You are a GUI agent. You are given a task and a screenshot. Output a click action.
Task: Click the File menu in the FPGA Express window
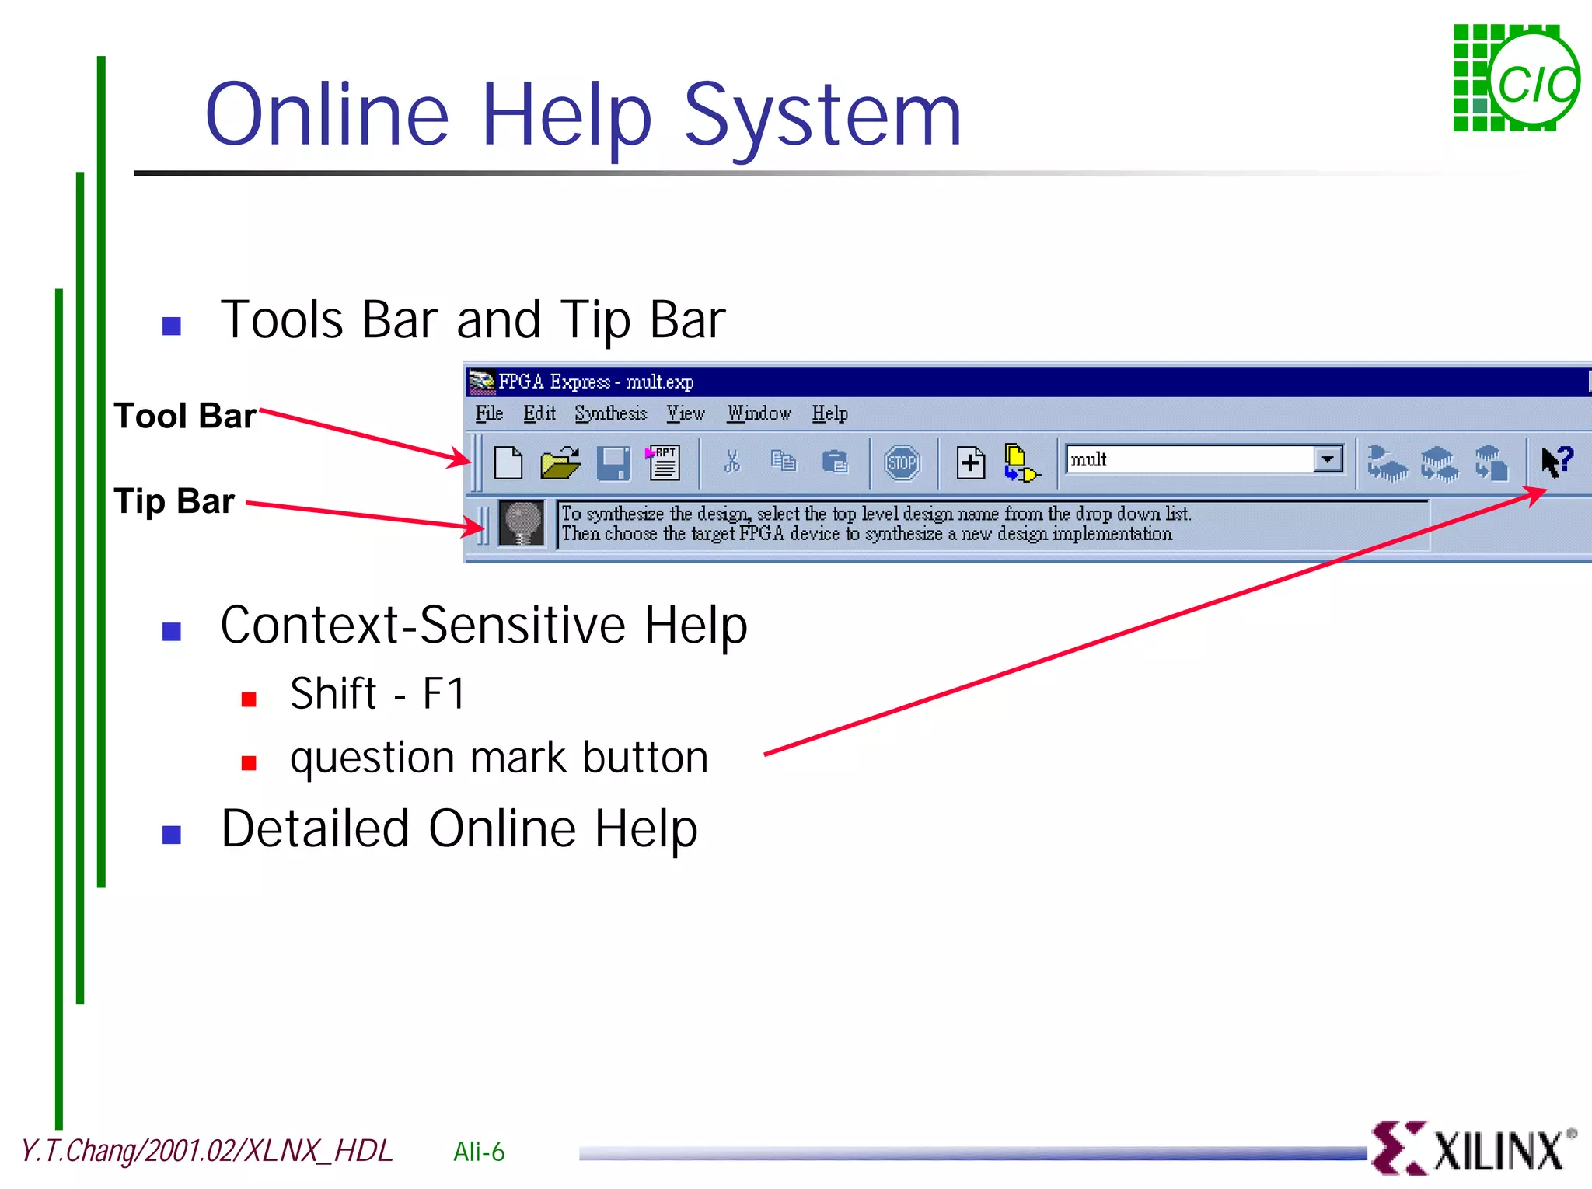(489, 413)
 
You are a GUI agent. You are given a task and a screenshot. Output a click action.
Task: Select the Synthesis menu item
(610, 413)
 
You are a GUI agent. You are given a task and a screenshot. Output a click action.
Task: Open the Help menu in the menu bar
(829, 413)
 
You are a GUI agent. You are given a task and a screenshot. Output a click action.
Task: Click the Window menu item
(759, 413)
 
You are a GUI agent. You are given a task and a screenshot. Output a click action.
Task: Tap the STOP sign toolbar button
(902, 463)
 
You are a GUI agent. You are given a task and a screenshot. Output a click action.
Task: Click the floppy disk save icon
(613, 463)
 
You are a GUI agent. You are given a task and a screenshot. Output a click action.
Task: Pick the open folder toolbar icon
(560, 463)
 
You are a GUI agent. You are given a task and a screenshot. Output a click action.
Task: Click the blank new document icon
(508, 463)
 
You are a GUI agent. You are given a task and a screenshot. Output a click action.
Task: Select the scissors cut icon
(731, 462)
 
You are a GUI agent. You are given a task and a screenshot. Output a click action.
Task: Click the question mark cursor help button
(1556, 462)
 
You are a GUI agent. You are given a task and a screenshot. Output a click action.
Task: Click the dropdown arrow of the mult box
(1328, 459)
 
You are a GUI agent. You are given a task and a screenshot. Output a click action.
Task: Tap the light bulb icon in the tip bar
(522, 522)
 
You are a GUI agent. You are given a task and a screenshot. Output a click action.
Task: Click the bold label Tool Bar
(185, 416)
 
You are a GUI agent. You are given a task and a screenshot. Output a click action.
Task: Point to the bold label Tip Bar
(174, 501)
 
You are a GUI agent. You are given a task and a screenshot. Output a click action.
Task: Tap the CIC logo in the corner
(1516, 78)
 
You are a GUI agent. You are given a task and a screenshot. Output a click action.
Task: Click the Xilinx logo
(1473, 1148)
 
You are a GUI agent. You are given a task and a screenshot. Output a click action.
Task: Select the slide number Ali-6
(479, 1152)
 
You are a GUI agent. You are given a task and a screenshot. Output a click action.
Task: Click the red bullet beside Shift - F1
(249, 699)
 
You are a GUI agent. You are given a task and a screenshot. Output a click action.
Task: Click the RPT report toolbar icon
(663, 463)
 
